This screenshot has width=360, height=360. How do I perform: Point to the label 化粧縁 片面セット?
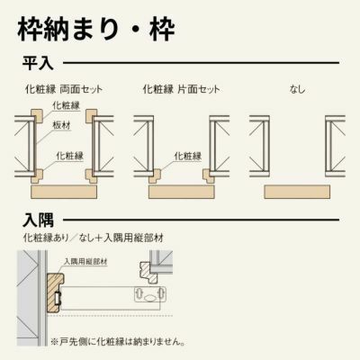(x=181, y=90)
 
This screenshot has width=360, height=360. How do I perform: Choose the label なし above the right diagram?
(x=297, y=90)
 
